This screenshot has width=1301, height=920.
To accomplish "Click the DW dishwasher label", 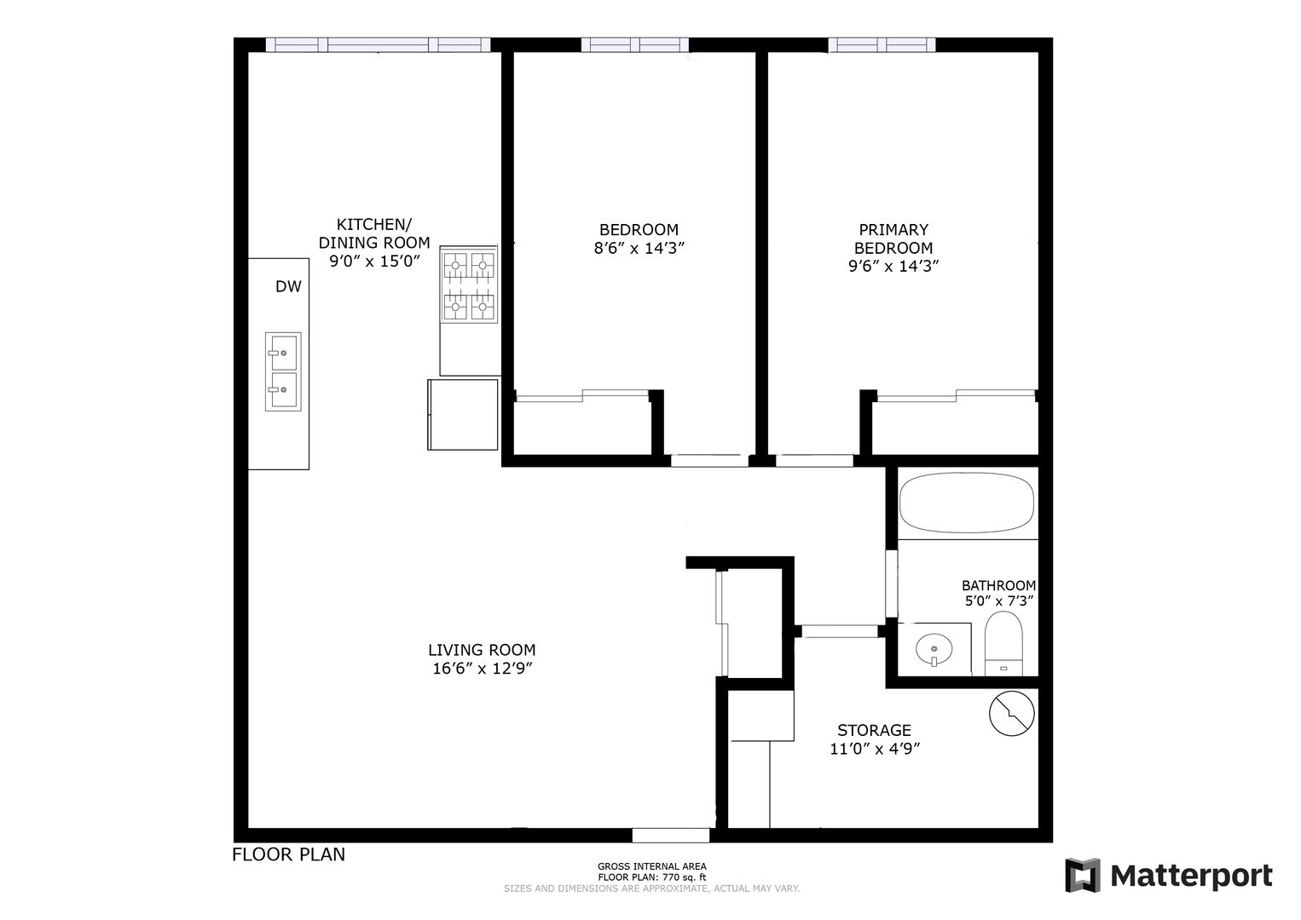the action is [288, 286].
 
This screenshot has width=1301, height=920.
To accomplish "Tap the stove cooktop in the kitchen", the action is [469, 285].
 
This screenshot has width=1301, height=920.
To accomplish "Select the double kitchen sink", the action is [283, 371].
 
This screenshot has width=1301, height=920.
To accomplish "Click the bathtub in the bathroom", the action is [967, 503].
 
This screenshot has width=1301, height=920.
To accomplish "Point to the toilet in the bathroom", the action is [1003, 643].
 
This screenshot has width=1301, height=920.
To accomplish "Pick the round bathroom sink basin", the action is [934, 649].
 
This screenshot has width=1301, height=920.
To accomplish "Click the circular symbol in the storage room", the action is [1012, 713].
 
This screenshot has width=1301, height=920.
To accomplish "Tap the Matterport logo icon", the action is [1083, 875].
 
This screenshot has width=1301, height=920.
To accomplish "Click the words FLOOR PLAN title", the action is [289, 854].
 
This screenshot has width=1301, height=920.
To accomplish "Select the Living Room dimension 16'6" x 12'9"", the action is [482, 669].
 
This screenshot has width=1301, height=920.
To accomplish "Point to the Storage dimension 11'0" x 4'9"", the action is [875, 749].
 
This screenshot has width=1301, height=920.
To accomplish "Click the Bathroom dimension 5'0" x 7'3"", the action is [999, 601].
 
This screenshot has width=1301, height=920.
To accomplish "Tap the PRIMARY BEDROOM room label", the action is [893, 239].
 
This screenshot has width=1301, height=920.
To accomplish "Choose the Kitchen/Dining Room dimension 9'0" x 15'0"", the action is [374, 262].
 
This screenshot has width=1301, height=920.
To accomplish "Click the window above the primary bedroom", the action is [882, 44].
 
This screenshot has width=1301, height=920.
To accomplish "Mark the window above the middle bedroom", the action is [635, 44].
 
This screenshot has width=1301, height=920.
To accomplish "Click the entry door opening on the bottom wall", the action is [671, 836].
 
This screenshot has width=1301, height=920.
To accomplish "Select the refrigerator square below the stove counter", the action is [463, 415].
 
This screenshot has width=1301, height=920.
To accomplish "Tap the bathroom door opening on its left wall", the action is [891, 584].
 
